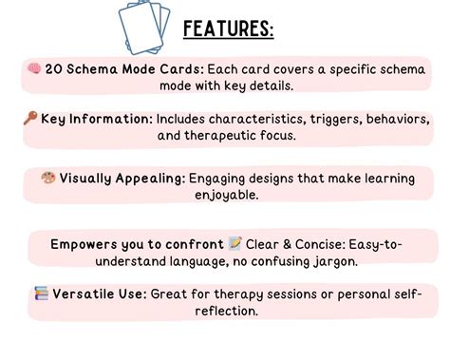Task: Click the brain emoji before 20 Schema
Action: [34, 69]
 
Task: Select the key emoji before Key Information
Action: [30, 119]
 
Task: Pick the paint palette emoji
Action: [48, 178]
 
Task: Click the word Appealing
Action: [147, 178]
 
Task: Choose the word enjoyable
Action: [84, 195]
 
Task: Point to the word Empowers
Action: [87, 245]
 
